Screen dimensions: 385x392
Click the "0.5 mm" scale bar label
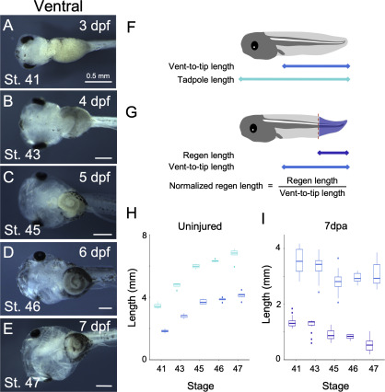click(x=98, y=75)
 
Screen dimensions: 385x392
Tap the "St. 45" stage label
click(x=22, y=230)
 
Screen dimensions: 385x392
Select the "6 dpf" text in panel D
click(x=95, y=252)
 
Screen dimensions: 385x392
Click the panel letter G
click(x=132, y=112)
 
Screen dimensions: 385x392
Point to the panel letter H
click(x=132, y=213)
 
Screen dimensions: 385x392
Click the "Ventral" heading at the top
click(x=58, y=6)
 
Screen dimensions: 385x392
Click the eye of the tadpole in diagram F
click(x=254, y=46)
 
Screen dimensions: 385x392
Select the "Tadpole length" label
click(x=205, y=80)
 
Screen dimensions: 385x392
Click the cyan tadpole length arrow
click(x=294, y=79)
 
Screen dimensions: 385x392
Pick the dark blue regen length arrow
click(x=333, y=153)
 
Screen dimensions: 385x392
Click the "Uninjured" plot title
click(x=200, y=226)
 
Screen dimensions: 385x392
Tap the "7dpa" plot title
click(x=336, y=226)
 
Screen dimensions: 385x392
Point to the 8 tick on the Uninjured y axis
click(x=144, y=236)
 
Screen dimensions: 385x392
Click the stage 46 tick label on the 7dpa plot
click(x=354, y=368)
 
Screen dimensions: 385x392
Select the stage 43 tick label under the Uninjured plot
click(x=180, y=368)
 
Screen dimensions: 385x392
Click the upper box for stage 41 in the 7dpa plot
click(x=299, y=260)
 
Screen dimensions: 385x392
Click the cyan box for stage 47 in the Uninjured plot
click(x=234, y=253)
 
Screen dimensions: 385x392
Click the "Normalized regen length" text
click(x=216, y=186)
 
